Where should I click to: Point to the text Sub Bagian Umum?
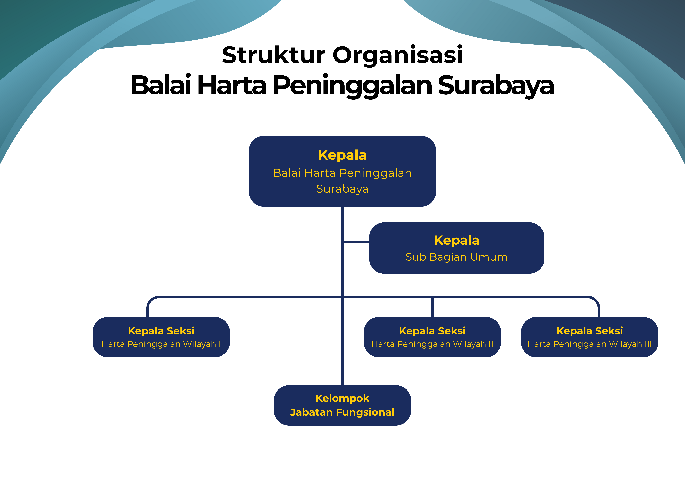456,257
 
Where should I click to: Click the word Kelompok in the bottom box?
342,398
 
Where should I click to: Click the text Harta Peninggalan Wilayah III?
590,344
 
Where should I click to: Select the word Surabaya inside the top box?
342,189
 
